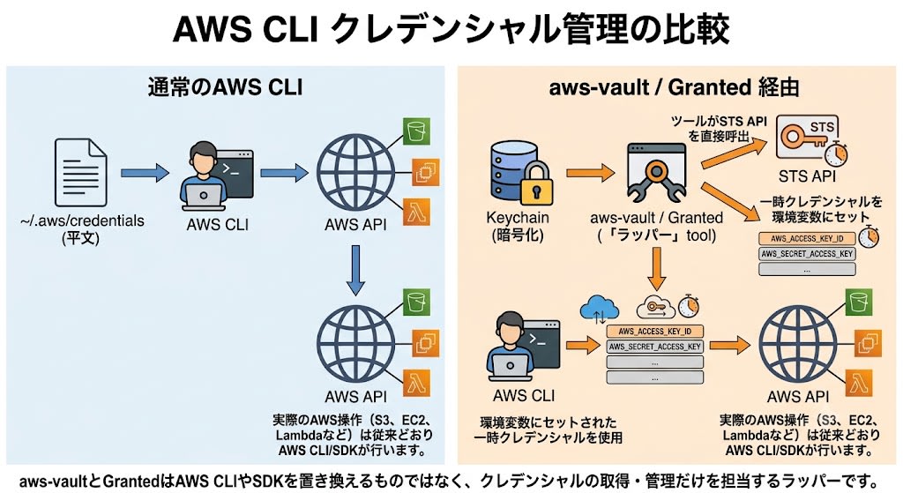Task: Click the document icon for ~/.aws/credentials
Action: (x=80, y=172)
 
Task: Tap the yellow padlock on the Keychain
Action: (x=536, y=183)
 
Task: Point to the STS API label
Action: (x=807, y=176)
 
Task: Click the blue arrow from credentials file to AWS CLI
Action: (x=145, y=172)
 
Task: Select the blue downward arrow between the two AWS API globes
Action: (x=355, y=270)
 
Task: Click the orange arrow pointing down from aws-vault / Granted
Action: (x=656, y=268)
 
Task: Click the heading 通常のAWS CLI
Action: (x=225, y=87)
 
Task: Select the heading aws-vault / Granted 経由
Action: (x=675, y=87)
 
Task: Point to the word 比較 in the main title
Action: (x=702, y=29)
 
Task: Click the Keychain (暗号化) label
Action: (x=518, y=227)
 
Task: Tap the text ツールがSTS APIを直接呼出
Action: (x=720, y=129)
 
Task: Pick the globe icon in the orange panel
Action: (x=797, y=345)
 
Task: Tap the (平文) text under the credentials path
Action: (x=80, y=238)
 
